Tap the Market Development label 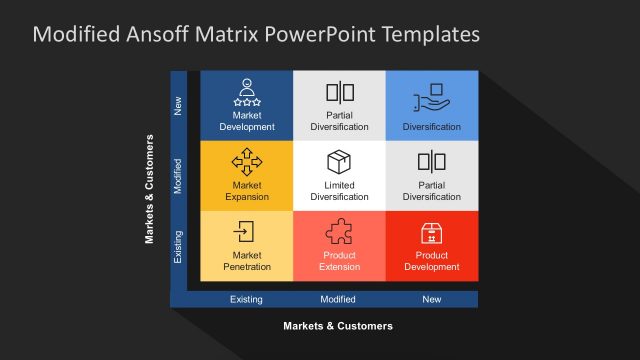click(x=246, y=121)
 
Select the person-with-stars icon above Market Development click(x=246, y=92)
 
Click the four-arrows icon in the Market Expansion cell click(x=246, y=161)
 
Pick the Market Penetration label click(x=246, y=261)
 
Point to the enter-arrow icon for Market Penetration click(x=244, y=232)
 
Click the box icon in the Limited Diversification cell click(x=339, y=162)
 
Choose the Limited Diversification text click(x=339, y=191)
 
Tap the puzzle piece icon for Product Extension click(x=339, y=233)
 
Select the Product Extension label click(x=339, y=261)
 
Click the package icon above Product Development click(x=432, y=233)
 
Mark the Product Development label click(x=432, y=261)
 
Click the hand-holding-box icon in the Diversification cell click(x=432, y=95)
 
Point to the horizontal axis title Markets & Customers click(x=338, y=326)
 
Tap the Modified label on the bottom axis click(x=338, y=299)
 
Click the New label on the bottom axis click(x=431, y=299)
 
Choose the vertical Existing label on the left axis click(x=179, y=246)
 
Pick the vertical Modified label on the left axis click(x=179, y=176)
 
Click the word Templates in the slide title click(x=424, y=35)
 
